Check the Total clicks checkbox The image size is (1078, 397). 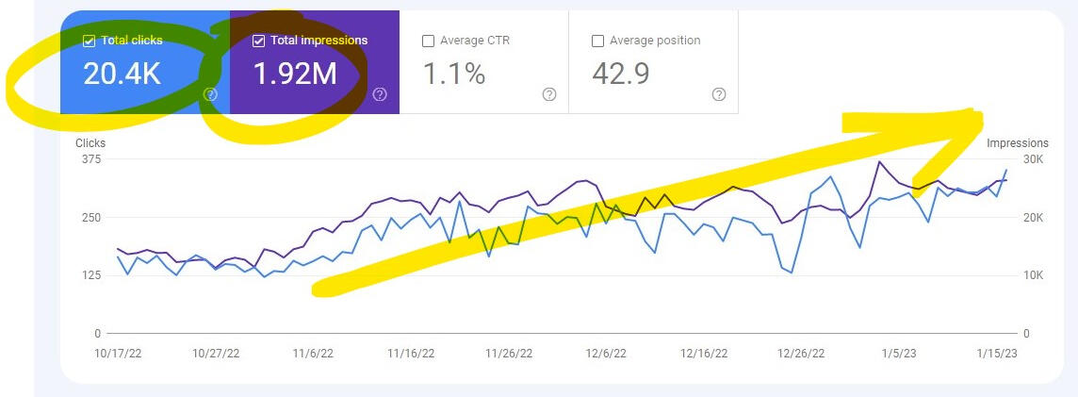coord(89,41)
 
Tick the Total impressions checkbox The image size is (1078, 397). coord(258,41)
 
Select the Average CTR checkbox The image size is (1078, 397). coord(428,41)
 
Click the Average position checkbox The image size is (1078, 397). coord(597,41)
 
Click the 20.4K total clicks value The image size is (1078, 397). coord(122,73)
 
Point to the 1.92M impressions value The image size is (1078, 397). coord(295,73)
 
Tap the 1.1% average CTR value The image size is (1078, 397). coord(453,73)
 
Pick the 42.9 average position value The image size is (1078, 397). coord(621,73)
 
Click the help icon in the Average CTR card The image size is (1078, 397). coord(549,94)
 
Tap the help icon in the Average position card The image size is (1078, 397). coord(719,94)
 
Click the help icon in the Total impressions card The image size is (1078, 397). coord(380,94)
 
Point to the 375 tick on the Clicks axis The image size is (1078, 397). coord(90,159)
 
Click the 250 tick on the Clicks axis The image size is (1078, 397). coord(90,218)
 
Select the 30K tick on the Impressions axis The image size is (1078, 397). coord(1033,159)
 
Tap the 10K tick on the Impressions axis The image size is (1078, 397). coord(1033,275)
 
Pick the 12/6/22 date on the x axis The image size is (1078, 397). coord(606,354)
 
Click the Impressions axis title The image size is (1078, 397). coord(1017,143)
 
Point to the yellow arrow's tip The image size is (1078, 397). coord(980,115)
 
